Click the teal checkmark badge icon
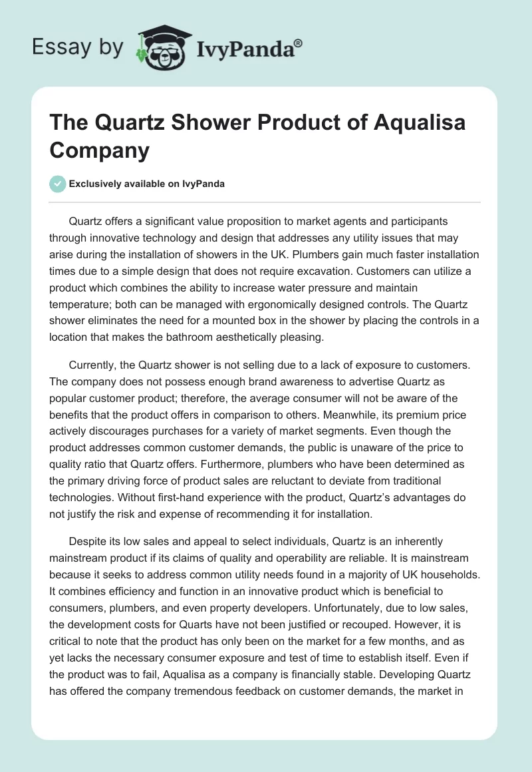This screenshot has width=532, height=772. [58, 184]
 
